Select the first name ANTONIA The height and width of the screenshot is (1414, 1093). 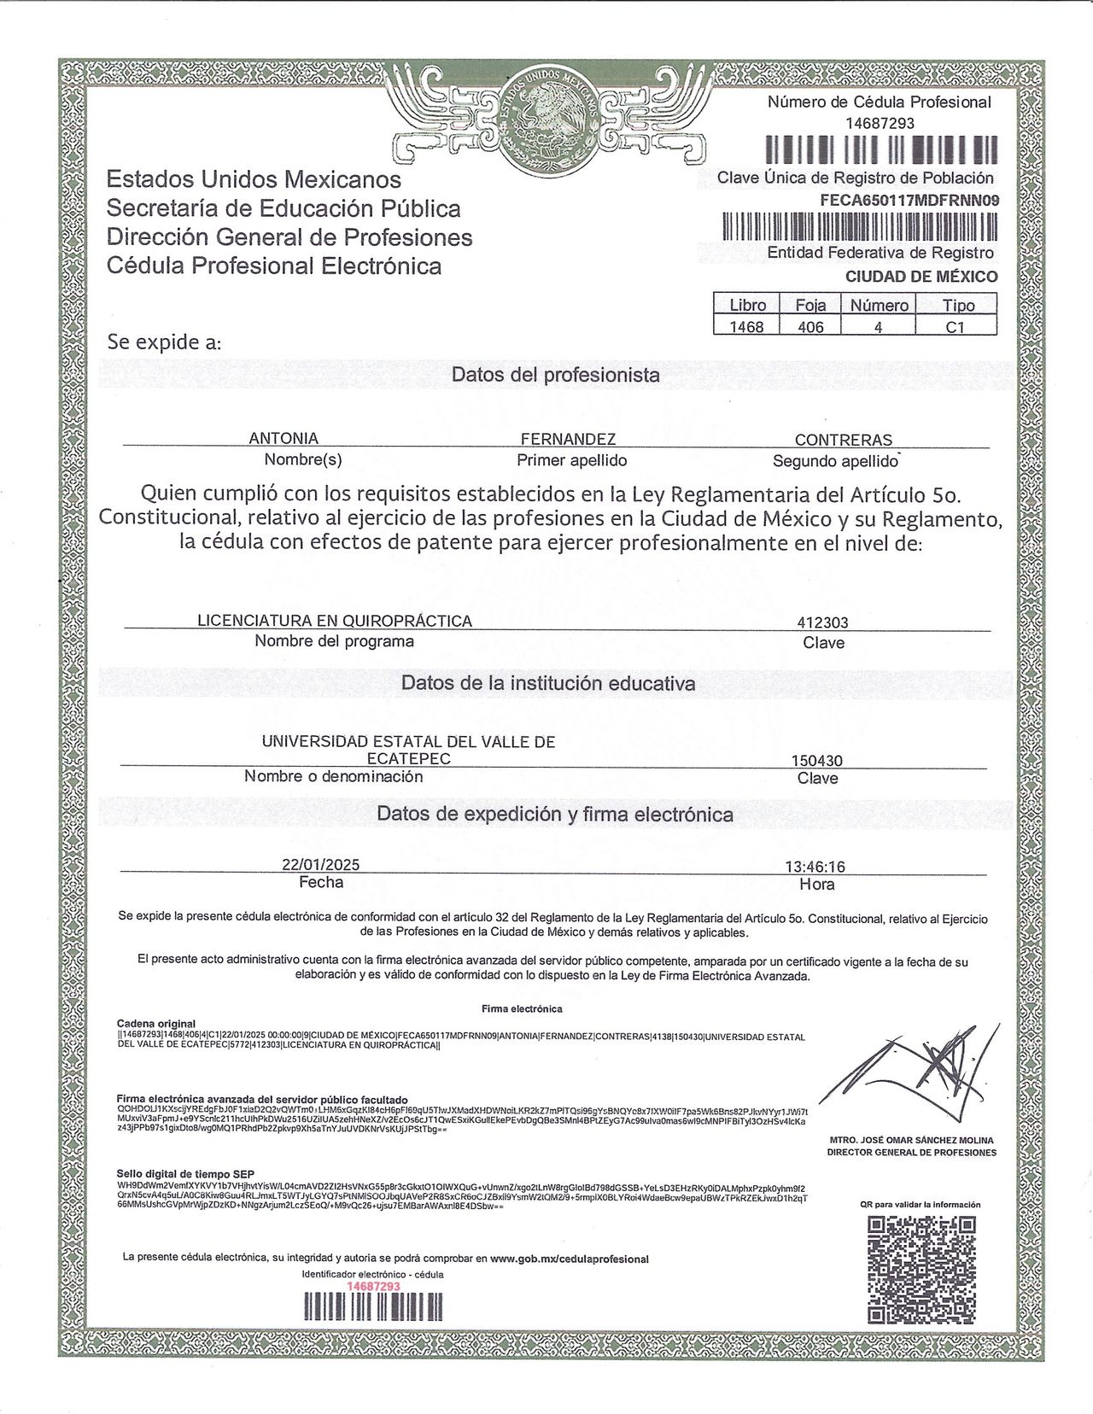(283, 438)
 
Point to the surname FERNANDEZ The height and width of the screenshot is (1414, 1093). (568, 439)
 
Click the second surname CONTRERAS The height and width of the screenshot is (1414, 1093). (843, 440)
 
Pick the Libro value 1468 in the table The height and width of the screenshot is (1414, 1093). (746, 326)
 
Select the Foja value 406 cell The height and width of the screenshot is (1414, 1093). (810, 326)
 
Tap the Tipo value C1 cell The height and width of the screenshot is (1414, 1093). (956, 326)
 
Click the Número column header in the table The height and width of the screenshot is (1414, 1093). (879, 305)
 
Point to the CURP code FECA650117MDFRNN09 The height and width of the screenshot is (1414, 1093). (908, 201)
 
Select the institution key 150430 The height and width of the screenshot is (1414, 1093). (817, 760)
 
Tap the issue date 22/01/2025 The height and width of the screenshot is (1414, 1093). (320, 865)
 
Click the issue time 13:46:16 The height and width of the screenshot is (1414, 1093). (815, 867)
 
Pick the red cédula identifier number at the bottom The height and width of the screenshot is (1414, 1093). (373, 1286)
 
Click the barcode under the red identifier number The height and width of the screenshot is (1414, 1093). (373, 1307)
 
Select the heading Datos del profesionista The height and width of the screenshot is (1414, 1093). (555, 375)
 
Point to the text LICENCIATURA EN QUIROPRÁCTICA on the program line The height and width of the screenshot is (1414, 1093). (335, 621)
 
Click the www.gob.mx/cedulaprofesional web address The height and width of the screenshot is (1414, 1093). (570, 1259)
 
